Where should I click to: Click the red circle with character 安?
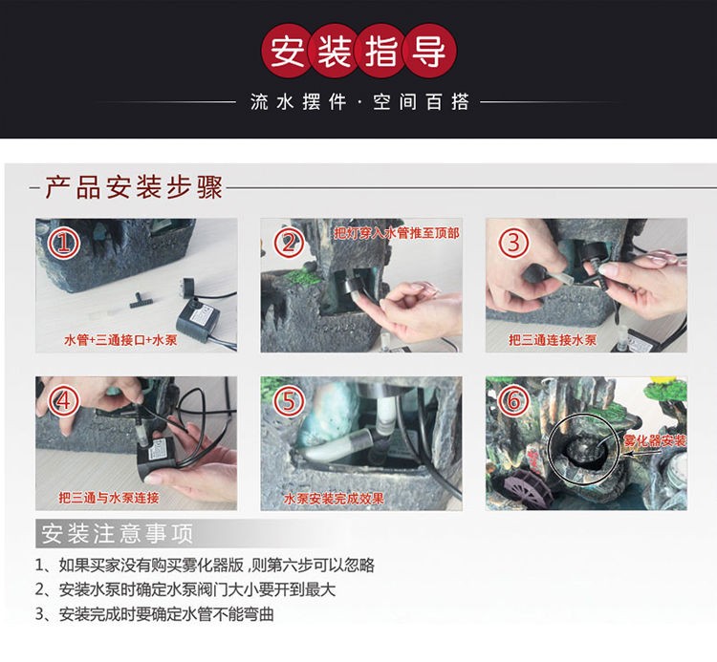click(x=288, y=51)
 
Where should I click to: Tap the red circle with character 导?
click(x=429, y=51)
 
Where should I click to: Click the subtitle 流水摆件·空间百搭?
click(x=359, y=102)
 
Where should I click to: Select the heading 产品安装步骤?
click(x=133, y=187)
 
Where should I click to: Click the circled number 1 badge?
click(x=64, y=243)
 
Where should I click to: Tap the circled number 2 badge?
click(x=289, y=243)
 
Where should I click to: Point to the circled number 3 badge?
click(x=513, y=243)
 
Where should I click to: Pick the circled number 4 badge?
click(x=64, y=401)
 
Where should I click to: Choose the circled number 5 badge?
click(x=289, y=401)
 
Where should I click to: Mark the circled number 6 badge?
click(x=513, y=401)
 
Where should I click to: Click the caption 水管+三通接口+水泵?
click(x=120, y=340)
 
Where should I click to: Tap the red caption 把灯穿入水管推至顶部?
click(x=397, y=233)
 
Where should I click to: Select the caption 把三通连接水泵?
click(x=553, y=340)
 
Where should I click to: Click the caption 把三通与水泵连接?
click(x=109, y=498)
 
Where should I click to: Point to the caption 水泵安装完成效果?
click(x=334, y=499)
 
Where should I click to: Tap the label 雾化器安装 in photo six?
click(x=655, y=440)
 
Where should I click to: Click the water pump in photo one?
click(x=197, y=315)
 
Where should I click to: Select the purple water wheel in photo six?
click(x=523, y=488)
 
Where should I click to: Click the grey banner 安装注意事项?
click(x=117, y=533)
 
